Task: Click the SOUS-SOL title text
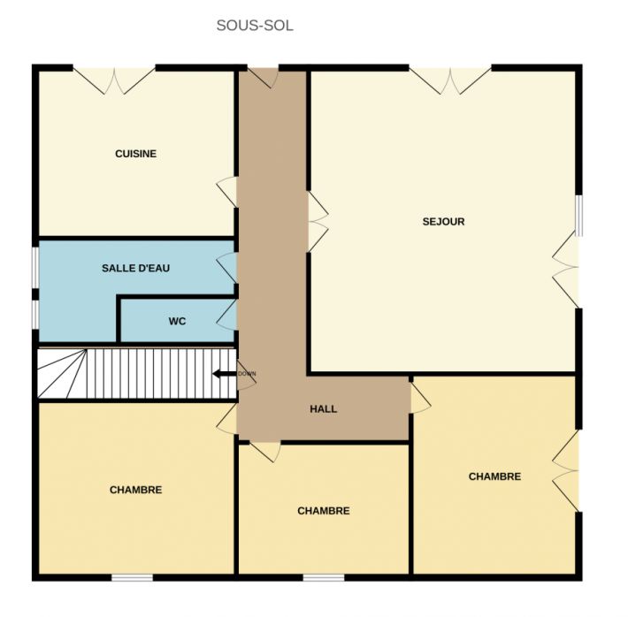(255, 26)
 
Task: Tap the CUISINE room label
(136, 154)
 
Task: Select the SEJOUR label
(443, 221)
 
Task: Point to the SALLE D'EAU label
(136, 268)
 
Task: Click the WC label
(177, 321)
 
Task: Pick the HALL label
(323, 408)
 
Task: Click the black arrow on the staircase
(225, 374)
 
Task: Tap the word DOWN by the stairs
(247, 374)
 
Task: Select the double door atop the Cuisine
(114, 80)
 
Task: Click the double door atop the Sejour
(450, 80)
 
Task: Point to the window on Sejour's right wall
(578, 216)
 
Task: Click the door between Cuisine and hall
(227, 192)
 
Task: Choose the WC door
(227, 315)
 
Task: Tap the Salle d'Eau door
(227, 268)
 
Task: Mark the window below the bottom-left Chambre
(132, 577)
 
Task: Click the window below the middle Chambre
(324, 577)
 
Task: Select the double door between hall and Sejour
(318, 221)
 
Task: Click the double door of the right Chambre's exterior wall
(565, 470)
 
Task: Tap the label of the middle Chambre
(323, 511)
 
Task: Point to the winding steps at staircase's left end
(62, 374)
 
